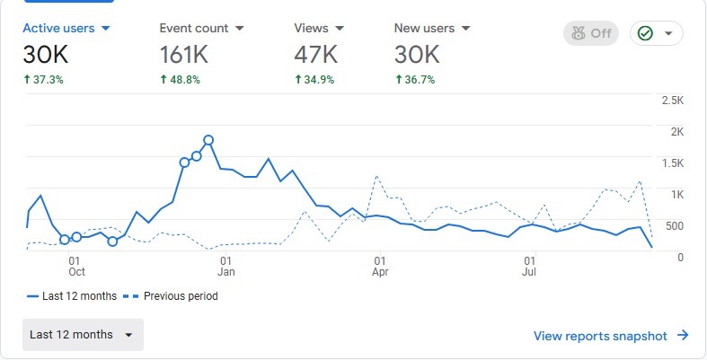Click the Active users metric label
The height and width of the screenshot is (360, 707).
point(59,28)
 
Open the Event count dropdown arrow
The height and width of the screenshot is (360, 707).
point(239,29)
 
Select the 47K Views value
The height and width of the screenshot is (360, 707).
point(315,55)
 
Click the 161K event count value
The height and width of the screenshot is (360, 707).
point(184,55)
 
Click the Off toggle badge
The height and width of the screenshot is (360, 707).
point(591,34)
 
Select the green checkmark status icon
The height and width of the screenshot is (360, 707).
point(645,34)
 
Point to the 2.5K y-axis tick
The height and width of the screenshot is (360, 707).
point(672,100)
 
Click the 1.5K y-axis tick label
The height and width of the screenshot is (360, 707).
point(672,162)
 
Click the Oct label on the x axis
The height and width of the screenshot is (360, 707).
point(76,270)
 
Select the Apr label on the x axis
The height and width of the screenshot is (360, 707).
point(380,270)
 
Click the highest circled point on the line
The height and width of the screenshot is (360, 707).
point(208,140)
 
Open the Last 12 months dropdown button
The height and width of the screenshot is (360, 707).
point(83,335)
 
